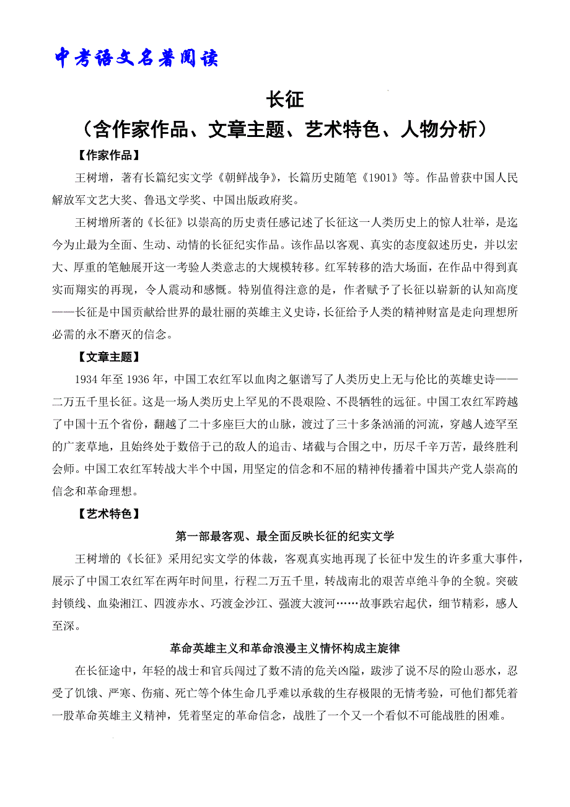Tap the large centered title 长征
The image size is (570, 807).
point(284,100)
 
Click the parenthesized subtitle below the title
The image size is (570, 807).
point(285,129)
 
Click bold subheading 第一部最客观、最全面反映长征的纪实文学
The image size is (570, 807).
point(285,536)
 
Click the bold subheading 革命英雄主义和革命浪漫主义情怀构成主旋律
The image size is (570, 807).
point(285,648)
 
